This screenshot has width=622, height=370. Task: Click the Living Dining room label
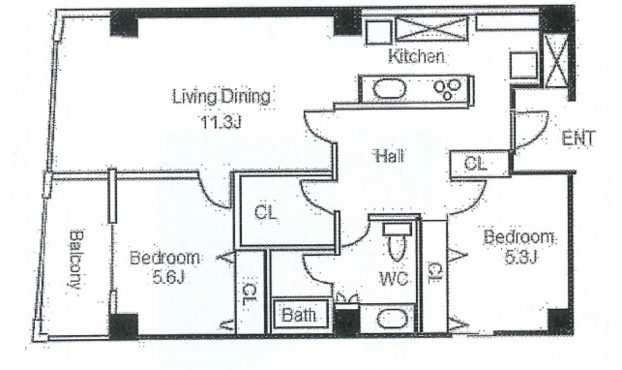(221, 97)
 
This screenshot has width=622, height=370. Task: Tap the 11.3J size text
(221, 122)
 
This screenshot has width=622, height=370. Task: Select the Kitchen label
(416, 56)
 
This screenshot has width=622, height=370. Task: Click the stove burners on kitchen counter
(447, 89)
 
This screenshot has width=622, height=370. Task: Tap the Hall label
(389, 155)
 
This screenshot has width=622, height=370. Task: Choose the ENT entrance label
(578, 139)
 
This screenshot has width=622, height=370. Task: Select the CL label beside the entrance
(475, 164)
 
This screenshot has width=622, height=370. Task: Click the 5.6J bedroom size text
(169, 276)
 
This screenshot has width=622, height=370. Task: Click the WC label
(394, 279)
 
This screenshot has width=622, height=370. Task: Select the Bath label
(300, 315)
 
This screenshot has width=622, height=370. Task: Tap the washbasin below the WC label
(392, 319)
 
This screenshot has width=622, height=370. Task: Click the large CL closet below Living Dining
(265, 213)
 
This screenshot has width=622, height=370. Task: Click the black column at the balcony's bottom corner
(124, 326)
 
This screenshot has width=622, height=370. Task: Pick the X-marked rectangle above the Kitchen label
(432, 29)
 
